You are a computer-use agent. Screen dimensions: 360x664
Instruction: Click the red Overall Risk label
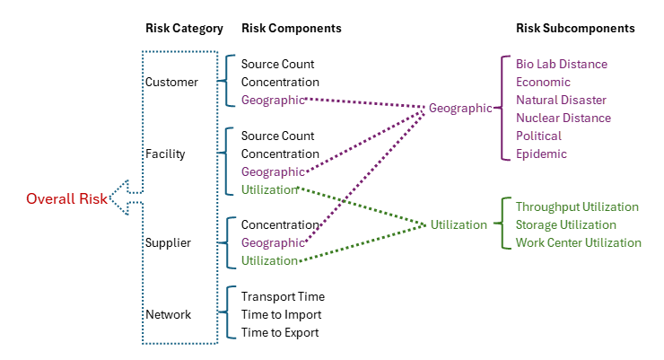[x=66, y=198]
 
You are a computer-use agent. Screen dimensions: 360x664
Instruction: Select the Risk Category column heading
[x=183, y=29]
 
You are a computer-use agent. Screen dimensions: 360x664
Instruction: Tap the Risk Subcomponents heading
[x=575, y=29]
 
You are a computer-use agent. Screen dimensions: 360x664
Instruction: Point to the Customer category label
[x=171, y=82]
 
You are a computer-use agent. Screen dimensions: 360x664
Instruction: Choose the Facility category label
[x=165, y=154]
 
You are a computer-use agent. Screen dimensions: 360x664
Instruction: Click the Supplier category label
[x=168, y=242]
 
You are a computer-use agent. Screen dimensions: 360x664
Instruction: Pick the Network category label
[x=168, y=314]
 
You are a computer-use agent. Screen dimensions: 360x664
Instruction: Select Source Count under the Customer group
[x=277, y=64]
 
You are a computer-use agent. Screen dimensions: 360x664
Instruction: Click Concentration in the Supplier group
[x=280, y=224]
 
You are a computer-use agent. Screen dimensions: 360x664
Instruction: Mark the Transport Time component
[x=283, y=296]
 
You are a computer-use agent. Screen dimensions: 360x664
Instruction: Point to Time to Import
[x=281, y=314]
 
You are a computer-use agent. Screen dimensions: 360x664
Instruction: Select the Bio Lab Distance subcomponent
[x=562, y=64]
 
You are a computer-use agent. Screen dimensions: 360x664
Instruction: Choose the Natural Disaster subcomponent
[x=561, y=100]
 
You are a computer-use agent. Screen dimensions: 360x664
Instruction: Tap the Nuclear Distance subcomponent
[x=564, y=118]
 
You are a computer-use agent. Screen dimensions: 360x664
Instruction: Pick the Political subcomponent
[x=538, y=136]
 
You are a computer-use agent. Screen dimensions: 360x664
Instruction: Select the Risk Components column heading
[x=291, y=29]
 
